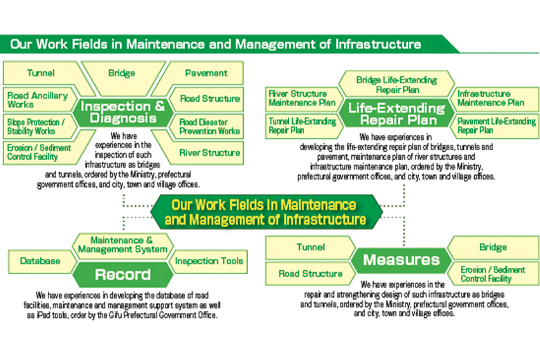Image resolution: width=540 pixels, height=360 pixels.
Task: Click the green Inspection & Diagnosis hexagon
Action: pos(123,112)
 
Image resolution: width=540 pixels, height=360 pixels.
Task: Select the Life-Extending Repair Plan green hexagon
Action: pos(396,114)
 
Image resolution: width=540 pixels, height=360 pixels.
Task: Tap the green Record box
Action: pos(123,275)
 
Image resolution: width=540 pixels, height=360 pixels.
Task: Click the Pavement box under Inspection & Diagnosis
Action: pos(206,73)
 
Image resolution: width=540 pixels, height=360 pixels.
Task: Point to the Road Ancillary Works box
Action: pos(36,99)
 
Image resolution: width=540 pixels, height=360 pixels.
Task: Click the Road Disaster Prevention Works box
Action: pos(209,126)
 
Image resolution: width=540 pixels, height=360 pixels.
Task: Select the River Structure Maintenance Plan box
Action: pos(303,98)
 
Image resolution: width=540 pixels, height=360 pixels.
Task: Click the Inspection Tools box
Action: pos(208,261)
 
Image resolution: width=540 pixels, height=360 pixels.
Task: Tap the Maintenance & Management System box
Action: pos(123,244)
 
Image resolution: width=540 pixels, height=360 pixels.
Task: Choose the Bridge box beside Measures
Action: pos(493,247)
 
